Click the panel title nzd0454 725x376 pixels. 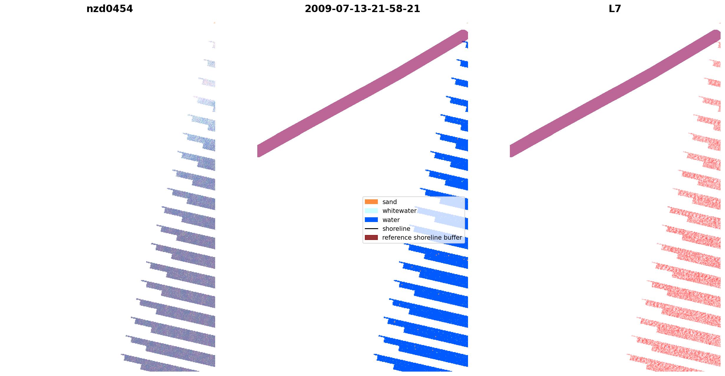point(109,9)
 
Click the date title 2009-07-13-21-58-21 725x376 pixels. point(362,9)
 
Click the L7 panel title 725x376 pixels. point(615,9)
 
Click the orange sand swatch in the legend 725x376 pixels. point(371,202)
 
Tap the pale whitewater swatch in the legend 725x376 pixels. point(371,211)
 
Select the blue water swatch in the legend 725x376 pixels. point(371,220)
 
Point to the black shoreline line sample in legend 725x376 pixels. point(371,229)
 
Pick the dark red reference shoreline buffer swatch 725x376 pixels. point(371,238)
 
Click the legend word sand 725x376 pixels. point(389,202)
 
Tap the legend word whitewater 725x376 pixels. point(399,211)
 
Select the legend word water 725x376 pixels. point(391,220)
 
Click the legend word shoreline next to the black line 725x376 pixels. point(396,229)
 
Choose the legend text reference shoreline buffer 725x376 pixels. point(422,238)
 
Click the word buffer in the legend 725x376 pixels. point(453,238)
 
